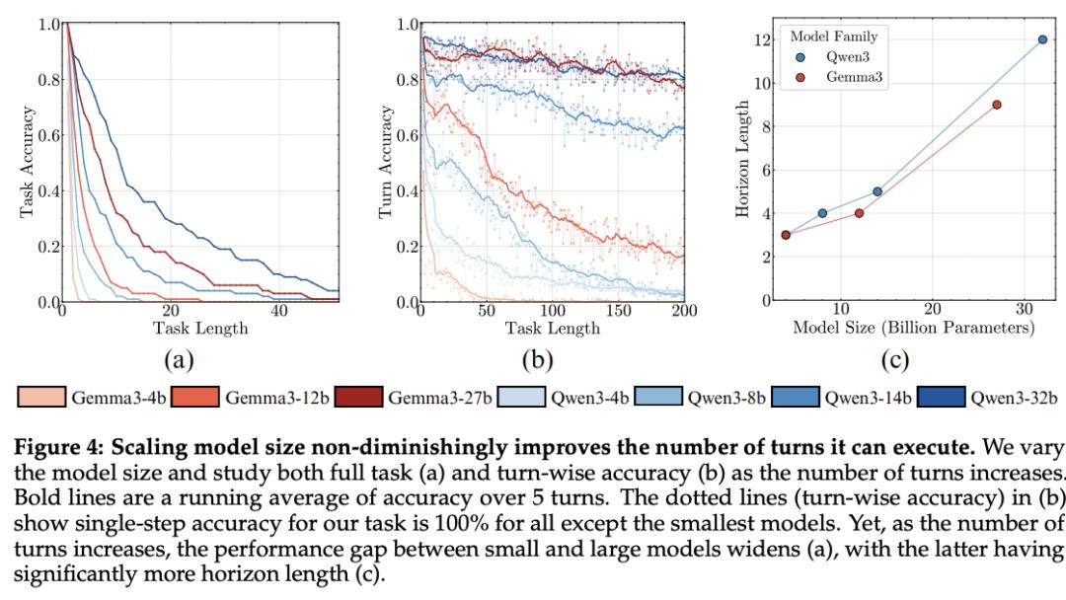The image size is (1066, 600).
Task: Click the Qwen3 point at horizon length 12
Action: pos(1042,39)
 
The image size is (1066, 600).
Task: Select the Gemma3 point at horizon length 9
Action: pos(997,105)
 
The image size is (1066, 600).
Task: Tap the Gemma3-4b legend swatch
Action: pos(41,398)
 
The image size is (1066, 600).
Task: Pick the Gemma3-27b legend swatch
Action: pos(359,398)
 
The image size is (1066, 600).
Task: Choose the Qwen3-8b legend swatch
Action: pos(658,398)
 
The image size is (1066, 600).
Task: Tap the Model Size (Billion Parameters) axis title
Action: pos(913,328)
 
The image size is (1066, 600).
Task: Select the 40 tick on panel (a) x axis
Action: pos(279,312)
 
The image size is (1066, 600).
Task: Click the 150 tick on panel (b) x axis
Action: pos(619,312)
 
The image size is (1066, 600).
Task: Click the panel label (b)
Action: pos(538,361)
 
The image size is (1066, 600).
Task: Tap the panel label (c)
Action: pos(896,361)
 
